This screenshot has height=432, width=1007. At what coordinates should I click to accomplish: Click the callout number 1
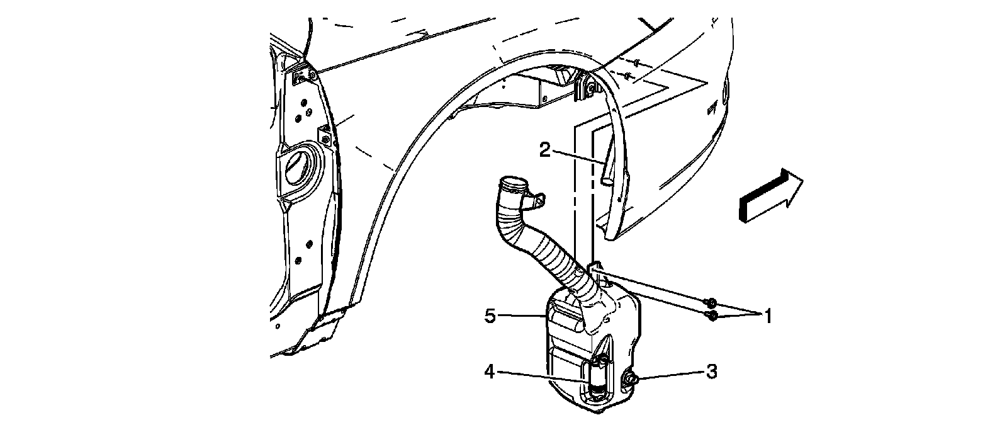767,315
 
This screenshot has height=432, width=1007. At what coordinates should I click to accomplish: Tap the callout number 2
544,150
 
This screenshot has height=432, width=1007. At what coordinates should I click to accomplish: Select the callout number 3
711,372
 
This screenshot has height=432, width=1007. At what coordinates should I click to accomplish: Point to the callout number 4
490,372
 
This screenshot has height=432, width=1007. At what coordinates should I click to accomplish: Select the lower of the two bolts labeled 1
711,315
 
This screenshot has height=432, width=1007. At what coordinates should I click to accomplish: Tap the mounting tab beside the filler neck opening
537,201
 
